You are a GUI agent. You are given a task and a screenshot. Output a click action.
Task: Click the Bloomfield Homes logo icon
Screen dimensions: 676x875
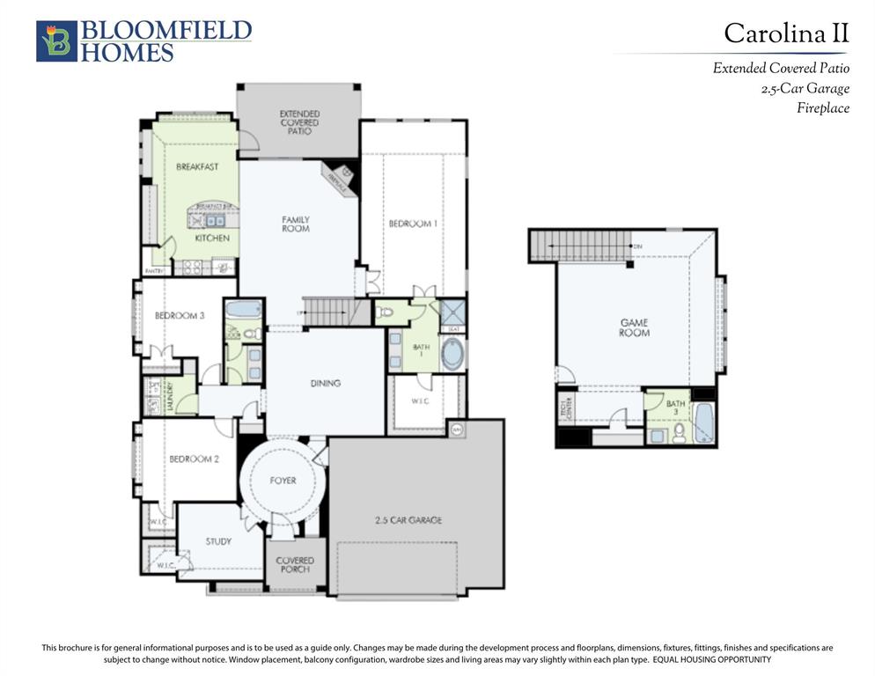[56, 41]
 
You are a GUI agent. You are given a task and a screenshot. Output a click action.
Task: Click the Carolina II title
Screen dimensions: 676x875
[786, 33]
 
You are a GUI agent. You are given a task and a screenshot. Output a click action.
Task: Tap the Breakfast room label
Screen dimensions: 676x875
[197, 166]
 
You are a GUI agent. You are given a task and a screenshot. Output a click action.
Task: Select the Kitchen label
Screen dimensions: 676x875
[212, 238]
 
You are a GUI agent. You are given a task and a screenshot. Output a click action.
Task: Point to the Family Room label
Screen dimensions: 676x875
[296, 224]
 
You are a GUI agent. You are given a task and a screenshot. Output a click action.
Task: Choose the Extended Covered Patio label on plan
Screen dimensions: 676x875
[299, 122]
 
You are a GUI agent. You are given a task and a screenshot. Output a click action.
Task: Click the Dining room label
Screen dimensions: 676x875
[325, 383]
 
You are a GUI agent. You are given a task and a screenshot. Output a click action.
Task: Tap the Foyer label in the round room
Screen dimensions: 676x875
[283, 481]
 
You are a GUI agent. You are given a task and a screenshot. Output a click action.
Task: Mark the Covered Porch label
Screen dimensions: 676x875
[295, 565]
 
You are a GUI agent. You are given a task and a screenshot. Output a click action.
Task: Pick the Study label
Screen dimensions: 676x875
[218, 541]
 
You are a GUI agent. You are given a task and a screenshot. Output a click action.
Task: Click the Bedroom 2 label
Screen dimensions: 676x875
[194, 459]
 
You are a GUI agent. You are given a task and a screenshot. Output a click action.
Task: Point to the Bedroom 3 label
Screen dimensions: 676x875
[180, 315]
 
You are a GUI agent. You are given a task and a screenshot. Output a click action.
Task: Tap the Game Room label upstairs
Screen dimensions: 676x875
[634, 327]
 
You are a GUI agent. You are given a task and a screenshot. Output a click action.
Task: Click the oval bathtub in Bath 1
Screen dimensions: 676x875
[453, 354]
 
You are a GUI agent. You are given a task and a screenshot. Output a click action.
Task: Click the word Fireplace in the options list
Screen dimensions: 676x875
[823, 108]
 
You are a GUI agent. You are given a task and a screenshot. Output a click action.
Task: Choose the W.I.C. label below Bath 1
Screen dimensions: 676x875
[421, 400]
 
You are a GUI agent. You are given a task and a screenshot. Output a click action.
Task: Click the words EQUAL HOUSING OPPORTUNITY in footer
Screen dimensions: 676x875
[712, 659]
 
